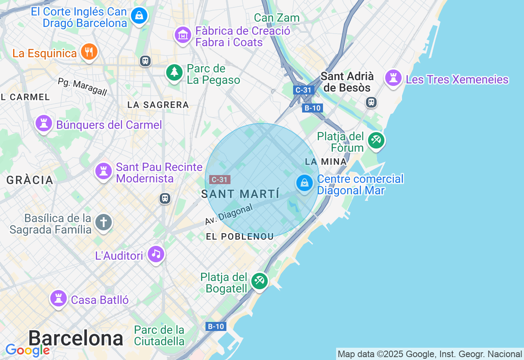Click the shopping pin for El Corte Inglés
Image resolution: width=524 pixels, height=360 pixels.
pos(139,16)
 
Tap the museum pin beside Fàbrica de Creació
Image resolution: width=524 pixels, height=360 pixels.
pos(183,35)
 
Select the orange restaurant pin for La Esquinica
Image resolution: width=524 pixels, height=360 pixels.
pos(88,52)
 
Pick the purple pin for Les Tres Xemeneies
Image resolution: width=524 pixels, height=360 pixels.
pos(393,78)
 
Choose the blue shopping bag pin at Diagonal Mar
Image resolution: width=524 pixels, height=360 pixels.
pos(305,183)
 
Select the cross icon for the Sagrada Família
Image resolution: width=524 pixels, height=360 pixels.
pos(104,223)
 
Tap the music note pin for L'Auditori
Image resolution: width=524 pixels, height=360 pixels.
pos(156,254)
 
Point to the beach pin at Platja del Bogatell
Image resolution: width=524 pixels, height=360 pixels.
pos(259,281)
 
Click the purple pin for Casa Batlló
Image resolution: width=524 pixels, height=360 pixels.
pos(58,299)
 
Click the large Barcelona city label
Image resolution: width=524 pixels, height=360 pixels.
pos(76,338)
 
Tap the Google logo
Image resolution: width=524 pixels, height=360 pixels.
pos(27,350)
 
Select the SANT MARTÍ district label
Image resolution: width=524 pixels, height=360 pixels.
pos(240,194)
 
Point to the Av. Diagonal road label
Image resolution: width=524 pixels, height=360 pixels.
pos(229,214)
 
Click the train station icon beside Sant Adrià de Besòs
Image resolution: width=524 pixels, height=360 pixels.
pos(371,102)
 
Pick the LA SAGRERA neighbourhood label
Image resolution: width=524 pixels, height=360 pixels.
pos(158,105)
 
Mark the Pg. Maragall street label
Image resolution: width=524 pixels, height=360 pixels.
pos(82,87)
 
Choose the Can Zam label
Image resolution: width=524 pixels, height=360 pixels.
pos(277,18)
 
